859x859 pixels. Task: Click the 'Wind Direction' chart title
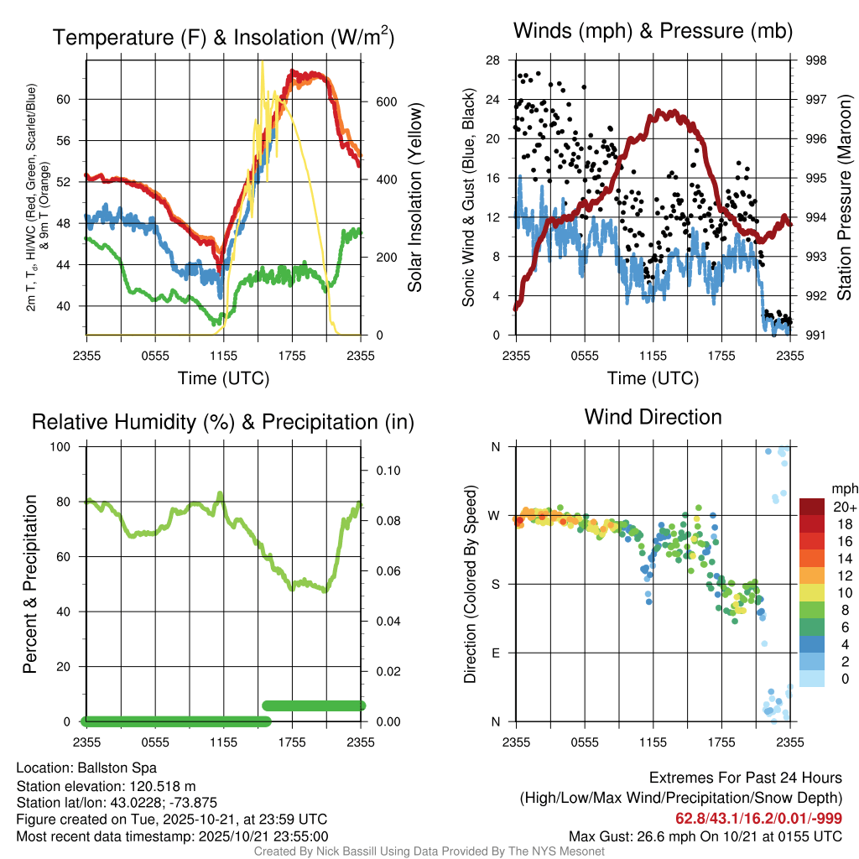[653, 417]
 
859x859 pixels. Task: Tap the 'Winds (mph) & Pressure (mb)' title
[653, 32]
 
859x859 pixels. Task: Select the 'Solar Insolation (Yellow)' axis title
[415, 198]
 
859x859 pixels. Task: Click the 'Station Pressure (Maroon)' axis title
[844, 198]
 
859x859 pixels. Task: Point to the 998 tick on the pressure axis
[815, 60]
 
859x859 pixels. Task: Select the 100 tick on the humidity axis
[64, 446]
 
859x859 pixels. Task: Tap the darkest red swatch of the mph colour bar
[813, 507]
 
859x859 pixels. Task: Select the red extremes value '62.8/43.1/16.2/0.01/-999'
[759, 818]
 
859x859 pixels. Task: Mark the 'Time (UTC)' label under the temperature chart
[224, 378]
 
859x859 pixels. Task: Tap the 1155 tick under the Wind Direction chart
[653, 742]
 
